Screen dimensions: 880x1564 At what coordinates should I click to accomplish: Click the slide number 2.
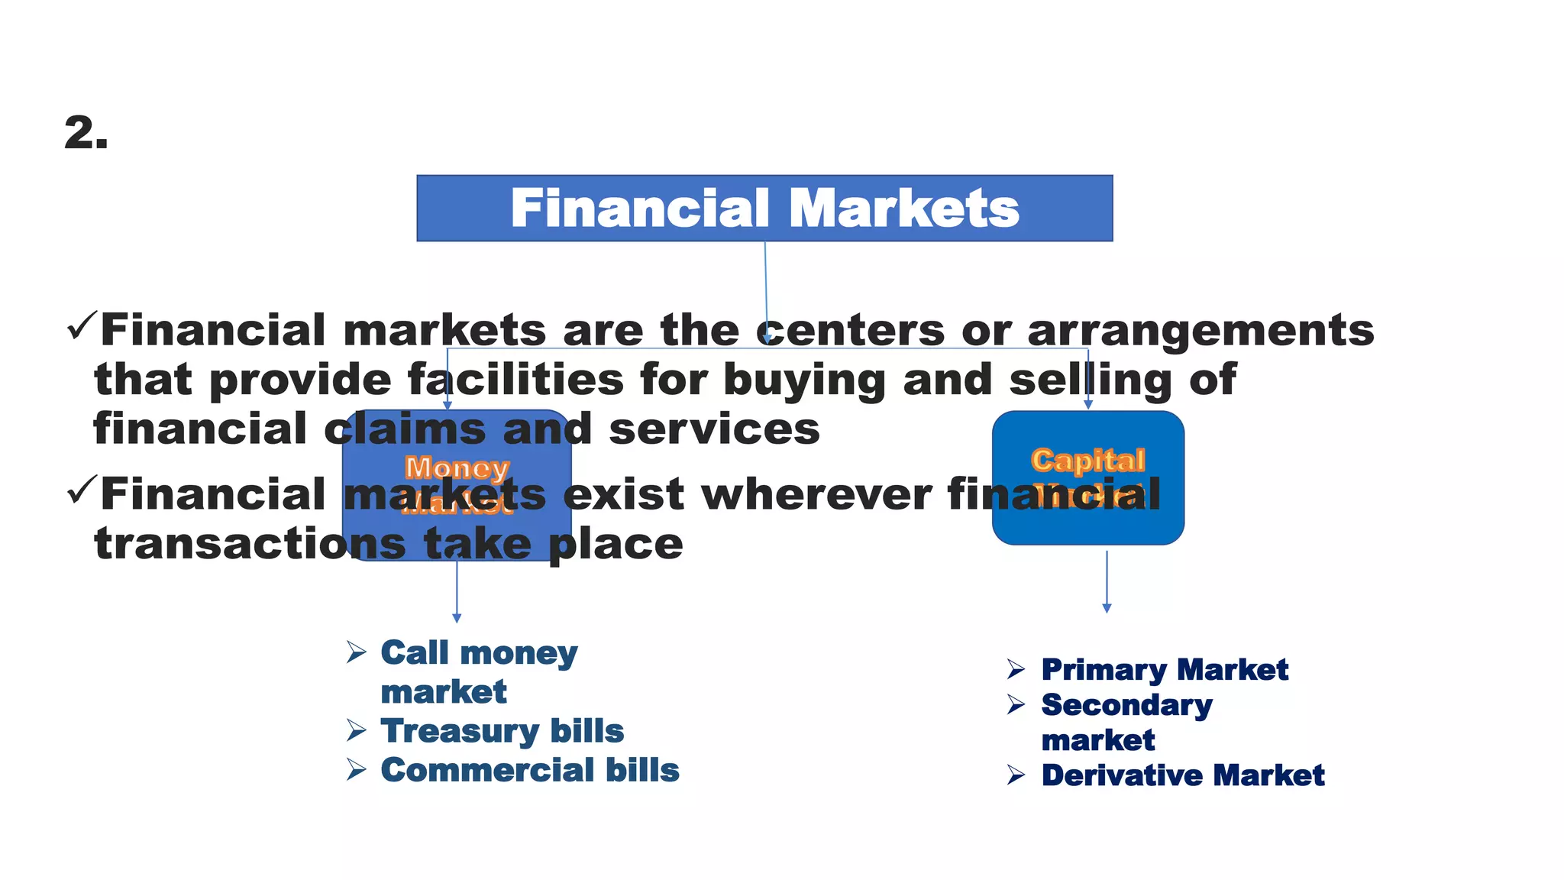point(86,133)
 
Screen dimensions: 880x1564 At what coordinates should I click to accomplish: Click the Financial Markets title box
point(764,209)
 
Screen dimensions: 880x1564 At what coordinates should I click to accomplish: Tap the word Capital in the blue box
point(1087,460)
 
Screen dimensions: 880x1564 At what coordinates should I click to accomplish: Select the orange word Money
point(457,467)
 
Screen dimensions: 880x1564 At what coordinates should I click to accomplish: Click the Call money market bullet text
point(479,671)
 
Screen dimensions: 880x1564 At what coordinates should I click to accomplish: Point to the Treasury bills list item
point(502,731)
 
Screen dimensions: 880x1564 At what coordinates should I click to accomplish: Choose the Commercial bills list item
point(529,770)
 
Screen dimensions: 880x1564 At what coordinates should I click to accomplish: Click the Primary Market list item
point(1164,670)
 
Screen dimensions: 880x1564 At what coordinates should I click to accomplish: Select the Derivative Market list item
point(1182,775)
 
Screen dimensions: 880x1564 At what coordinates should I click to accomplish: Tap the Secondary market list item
point(1126,722)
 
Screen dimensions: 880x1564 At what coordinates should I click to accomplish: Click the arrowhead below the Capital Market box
point(1107,608)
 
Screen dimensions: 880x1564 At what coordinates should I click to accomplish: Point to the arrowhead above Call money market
point(457,618)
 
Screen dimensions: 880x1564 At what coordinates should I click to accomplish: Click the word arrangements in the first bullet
point(1200,331)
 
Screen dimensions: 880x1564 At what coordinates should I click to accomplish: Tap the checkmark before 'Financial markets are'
point(82,326)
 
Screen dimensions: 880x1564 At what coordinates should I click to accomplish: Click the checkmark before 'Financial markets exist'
point(82,490)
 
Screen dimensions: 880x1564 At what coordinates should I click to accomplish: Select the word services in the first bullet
point(714,429)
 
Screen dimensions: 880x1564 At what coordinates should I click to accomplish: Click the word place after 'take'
point(616,544)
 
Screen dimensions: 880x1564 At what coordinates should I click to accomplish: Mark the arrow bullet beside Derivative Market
point(1016,775)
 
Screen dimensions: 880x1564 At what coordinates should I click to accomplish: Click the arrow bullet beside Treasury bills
point(356,731)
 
